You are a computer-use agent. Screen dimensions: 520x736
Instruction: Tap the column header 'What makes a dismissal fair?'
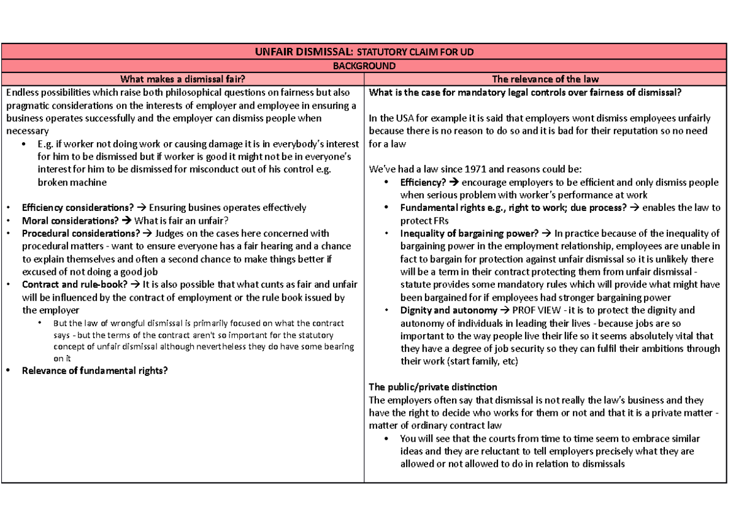tap(183, 78)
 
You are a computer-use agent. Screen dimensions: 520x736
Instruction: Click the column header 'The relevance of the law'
tap(545, 78)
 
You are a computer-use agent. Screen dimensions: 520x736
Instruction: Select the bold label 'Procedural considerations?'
tap(81, 234)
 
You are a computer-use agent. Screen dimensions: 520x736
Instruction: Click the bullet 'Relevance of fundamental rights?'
tap(94, 370)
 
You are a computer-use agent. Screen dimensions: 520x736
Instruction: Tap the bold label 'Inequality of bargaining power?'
tap(469, 233)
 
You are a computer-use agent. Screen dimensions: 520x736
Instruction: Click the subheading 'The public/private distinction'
tap(432, 387)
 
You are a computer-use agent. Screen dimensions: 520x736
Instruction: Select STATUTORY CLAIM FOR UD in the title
tap(416, 52)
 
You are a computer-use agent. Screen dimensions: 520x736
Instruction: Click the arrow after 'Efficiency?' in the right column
tap(454, 182)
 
